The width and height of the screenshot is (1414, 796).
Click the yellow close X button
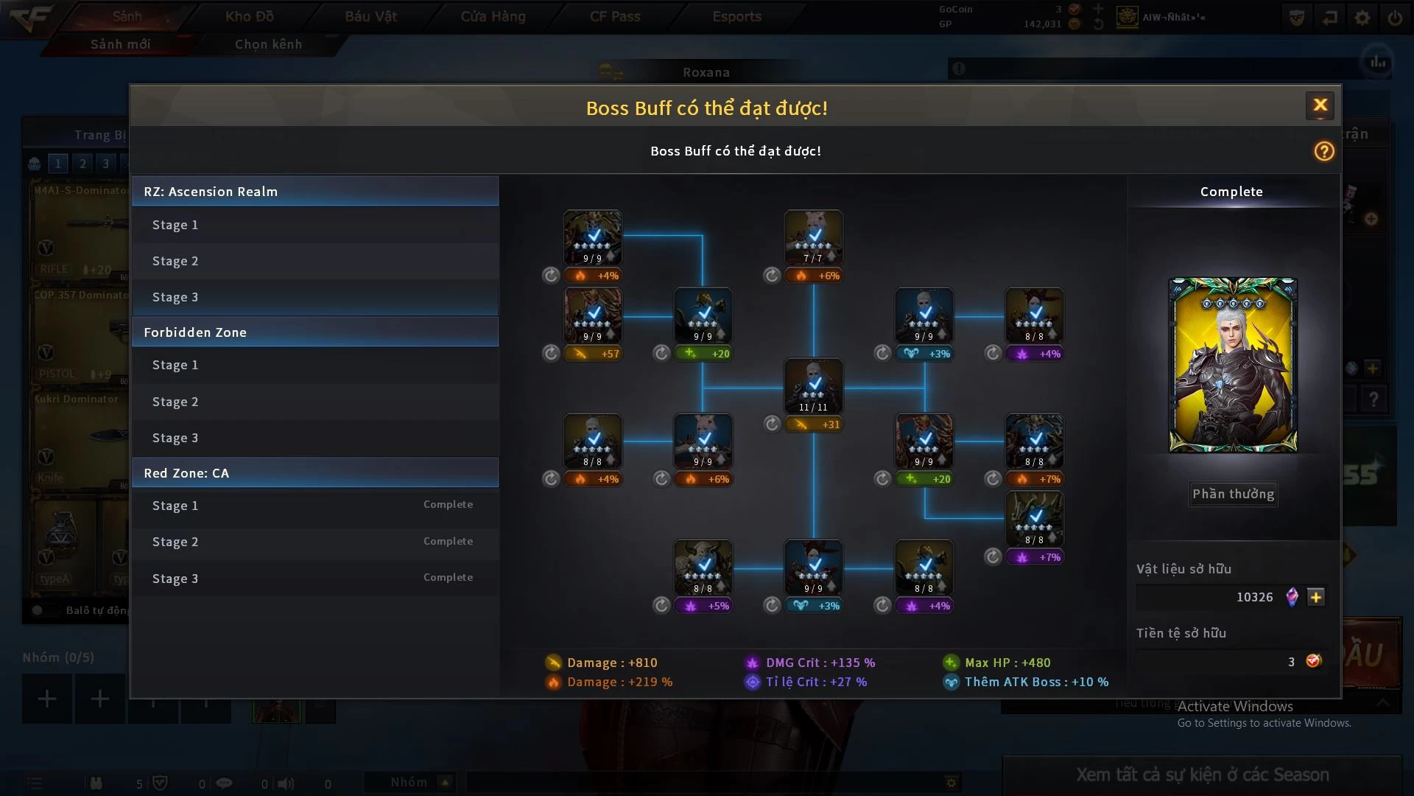tap(1320, 105)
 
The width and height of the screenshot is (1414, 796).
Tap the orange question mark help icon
tap(1324, 151)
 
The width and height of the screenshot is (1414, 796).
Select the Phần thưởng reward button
tap(1234, 494)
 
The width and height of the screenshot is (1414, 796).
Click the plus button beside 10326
tap(1316, 597)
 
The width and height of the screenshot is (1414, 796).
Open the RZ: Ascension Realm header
tap(315, 192)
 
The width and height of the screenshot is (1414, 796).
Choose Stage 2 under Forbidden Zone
tap(315, 402)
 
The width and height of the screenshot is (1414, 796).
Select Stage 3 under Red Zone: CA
tap(315, 579)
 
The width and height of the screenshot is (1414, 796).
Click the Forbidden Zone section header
tap(315, 332)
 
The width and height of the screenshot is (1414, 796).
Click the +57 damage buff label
tap(593, 354)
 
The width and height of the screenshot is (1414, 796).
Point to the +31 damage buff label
tap(814, 425)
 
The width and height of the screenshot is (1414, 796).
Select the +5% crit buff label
tap(703, 606)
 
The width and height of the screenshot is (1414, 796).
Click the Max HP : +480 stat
tap(1007, 663)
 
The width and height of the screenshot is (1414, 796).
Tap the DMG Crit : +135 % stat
tap(820, 663)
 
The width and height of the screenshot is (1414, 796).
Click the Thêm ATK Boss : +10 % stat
tap(1035, 682)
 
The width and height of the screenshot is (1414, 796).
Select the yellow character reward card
tap(1233, 365)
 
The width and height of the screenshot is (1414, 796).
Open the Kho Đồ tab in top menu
tap(249, 16)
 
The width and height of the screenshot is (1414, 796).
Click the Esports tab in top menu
tap(736, 16)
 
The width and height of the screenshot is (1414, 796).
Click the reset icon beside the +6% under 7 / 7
tap(772, 276)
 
